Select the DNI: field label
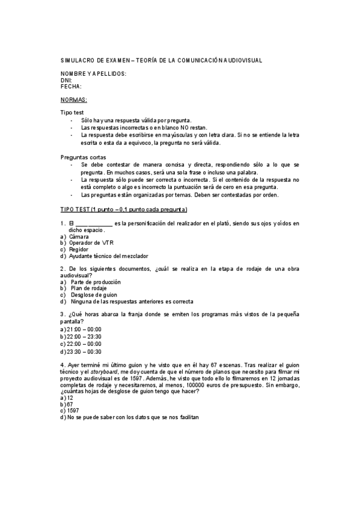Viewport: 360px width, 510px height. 67,80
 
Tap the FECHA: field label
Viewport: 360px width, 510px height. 71,86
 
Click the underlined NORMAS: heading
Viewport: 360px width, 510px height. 74,99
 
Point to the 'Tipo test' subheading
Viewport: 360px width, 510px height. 72,112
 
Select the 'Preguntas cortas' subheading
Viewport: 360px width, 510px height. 81,157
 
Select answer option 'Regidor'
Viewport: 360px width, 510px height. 79,249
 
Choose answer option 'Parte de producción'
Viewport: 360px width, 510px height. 96,281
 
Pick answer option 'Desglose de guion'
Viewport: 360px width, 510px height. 95,295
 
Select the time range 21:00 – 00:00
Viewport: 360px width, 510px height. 84,329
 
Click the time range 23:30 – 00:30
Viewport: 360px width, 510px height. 84,351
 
